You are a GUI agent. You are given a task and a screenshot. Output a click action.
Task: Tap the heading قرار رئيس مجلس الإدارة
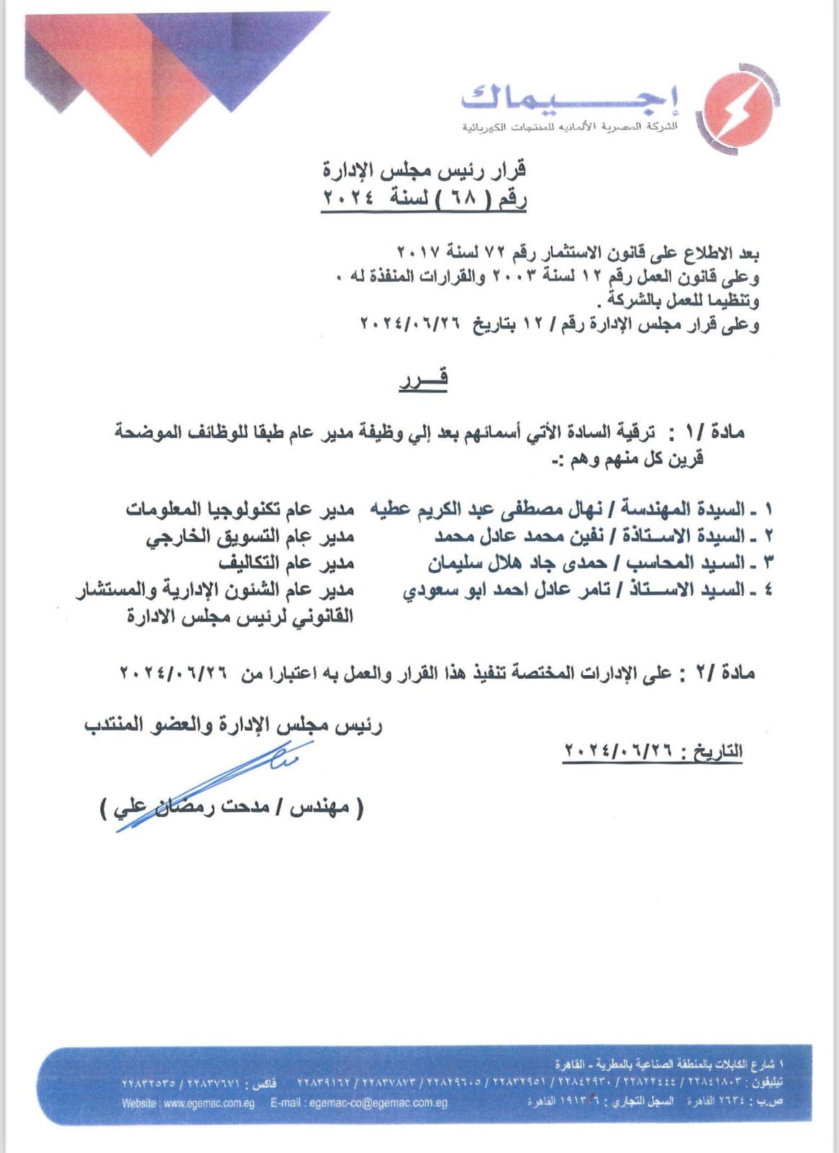click(x=424, y=170)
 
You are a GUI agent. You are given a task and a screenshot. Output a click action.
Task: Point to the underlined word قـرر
click(x=424, y=378)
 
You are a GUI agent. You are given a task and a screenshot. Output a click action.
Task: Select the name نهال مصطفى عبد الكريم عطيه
click(x=487, y=509)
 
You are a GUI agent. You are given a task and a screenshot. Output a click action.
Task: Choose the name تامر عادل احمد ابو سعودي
click(x=505, y=590)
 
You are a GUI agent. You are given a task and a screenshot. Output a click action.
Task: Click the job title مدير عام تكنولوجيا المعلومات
click(x=240, y=509)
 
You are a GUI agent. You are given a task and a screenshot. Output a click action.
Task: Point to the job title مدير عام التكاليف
click(x=286, y=563)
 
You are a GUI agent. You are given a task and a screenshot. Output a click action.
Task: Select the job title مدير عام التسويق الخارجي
click(x=250, y=537)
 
